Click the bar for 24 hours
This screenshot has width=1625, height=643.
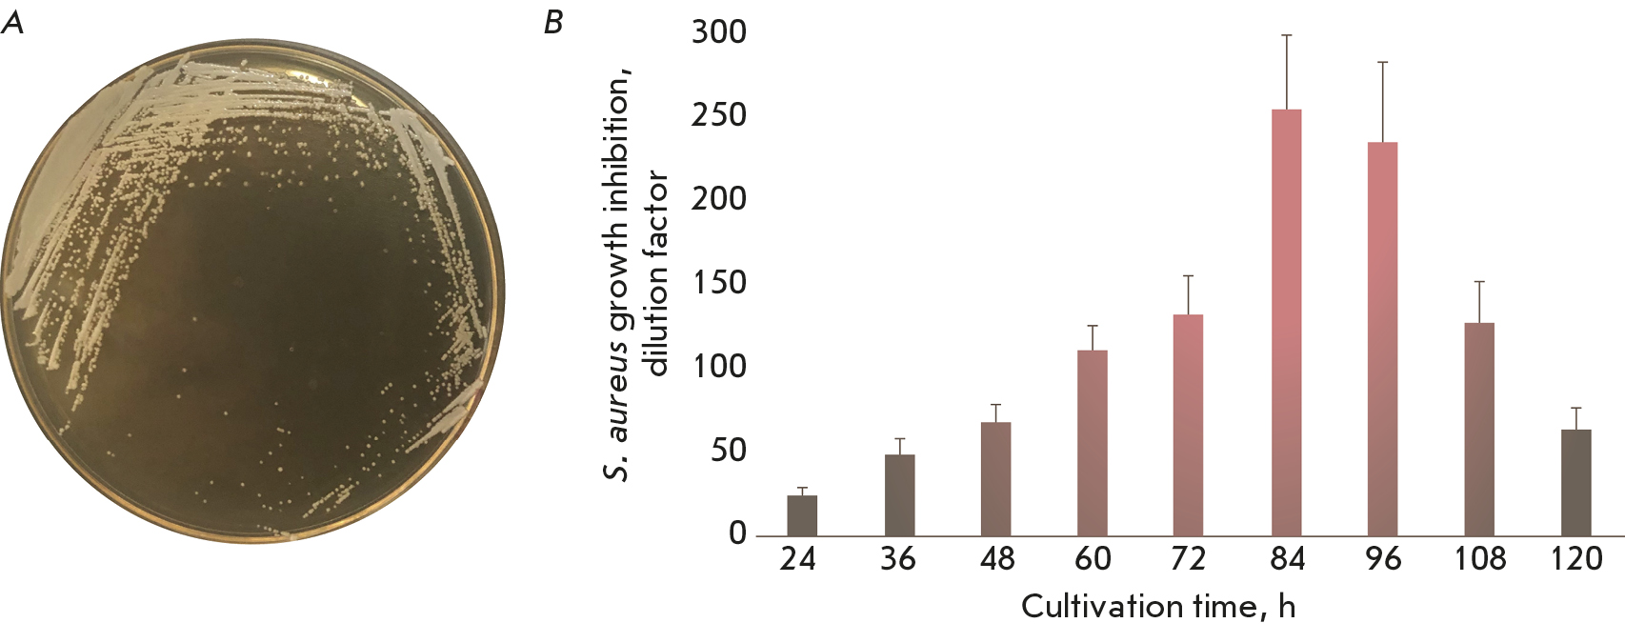802,515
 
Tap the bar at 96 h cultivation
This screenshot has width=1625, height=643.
1382,338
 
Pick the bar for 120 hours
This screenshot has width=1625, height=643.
1576,482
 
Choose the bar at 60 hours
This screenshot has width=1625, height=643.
1093,443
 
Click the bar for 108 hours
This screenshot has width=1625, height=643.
1479,429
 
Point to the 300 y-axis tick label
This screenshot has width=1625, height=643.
719,32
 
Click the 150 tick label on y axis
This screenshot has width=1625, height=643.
719,283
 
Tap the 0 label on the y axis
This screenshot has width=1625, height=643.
737,534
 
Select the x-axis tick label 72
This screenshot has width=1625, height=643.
1188,559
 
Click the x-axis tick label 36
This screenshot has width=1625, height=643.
898,559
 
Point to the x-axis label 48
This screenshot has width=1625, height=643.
996,559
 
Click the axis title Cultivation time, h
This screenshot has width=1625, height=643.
1157,606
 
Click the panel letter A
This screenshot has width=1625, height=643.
12,23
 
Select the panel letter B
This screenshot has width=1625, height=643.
553,23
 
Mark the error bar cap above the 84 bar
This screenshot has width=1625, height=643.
1286,35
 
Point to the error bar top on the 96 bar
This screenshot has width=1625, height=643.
1382,63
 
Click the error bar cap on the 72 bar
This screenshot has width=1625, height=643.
1188,276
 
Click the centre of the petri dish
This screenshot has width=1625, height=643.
252,291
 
